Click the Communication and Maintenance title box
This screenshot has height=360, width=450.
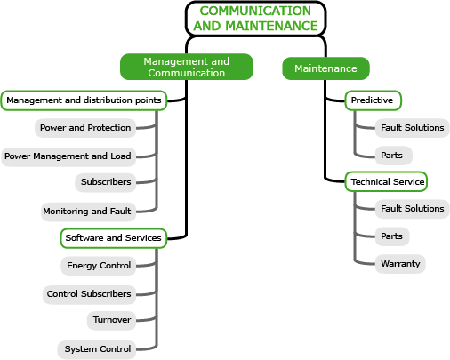[255, 19]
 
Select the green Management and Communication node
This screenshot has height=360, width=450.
[187, 67]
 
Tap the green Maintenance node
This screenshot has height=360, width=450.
[325, 68]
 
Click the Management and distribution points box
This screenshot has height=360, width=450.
[84, 100]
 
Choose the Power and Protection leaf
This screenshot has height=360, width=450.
[85, 128]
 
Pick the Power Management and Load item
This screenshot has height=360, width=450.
[68, 156]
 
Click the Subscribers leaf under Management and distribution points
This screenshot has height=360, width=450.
[106, 182]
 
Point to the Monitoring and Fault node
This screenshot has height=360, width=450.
[88, 212]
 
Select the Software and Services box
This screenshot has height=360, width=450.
[114, 238]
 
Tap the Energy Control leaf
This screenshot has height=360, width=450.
[99, 266]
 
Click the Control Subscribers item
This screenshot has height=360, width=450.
[89, 294]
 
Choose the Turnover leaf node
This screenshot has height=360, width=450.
[112, 320]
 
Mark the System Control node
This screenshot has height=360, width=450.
[97, 349]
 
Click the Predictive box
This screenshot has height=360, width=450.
[373, 100]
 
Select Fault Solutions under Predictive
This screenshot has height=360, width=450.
[413, 128]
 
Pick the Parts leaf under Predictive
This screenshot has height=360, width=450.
[394, 156]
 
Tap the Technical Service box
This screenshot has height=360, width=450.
[386, 181]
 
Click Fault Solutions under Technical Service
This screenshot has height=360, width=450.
[413, 209]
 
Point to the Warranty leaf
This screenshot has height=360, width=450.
[400, 264]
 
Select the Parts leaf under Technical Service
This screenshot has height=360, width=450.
[392, 236]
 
